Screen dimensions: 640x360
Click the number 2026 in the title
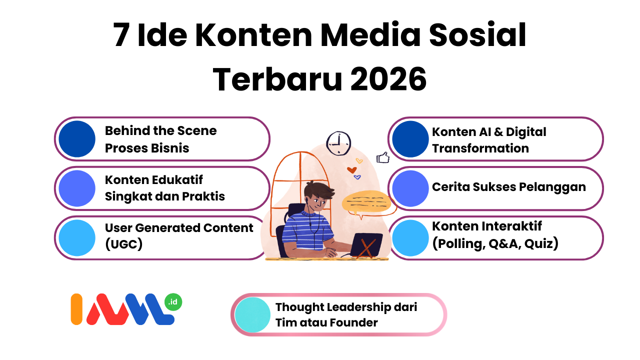(x=388, y=79)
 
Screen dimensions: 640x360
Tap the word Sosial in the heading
(x=477, y=35)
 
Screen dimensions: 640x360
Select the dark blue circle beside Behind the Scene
(x=77, y=139)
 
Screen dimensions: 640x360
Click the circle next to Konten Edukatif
(x=77, y=188)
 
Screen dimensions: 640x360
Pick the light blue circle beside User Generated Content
(x=77, y=237)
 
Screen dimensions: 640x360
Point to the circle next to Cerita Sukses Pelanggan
(x=410, y=188)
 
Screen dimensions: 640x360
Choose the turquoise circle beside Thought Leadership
(x=252, y=315)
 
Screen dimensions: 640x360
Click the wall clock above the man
(x=338, y=143)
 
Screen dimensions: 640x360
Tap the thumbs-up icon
(x=383, y=157)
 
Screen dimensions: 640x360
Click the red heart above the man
(x=351, y=170)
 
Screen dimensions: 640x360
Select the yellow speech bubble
(x=366, y=201)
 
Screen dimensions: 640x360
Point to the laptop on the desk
(x=366, y=245)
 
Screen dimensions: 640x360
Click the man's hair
(x=318, y=189)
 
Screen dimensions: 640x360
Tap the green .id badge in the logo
(x=173, y=302)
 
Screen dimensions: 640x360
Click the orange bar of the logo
(x=76, y=309)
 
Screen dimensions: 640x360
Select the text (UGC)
(x=123, y=244)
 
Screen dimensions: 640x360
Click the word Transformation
(x=480, y=148)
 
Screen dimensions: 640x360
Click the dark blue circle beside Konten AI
(x=410, y=139)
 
